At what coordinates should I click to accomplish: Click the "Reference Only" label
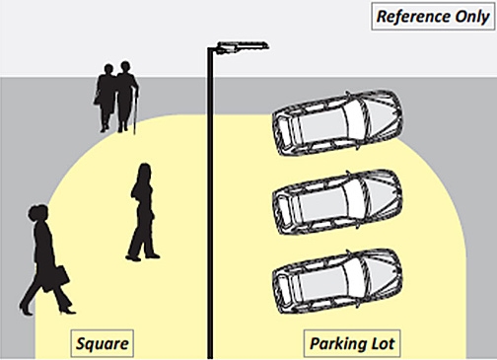[x=431, y=17]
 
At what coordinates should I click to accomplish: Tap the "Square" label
[x=102, y=343]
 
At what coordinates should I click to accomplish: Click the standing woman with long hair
[x=143, y=212]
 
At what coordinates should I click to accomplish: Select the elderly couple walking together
[x=116, y=97]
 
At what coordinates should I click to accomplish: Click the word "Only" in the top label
[x=467, y=17]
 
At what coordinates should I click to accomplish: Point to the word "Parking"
[x=336, y=343]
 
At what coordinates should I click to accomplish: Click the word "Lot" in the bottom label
[x=382, y=343]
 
